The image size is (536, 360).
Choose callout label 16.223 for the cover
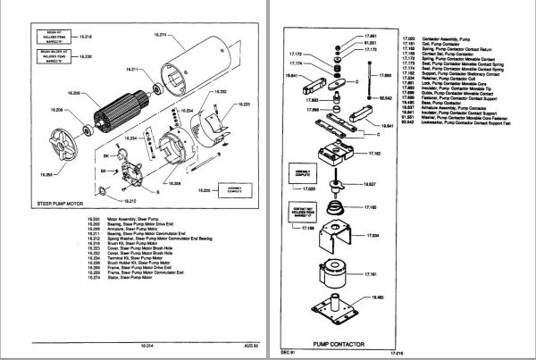(244, 105)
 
